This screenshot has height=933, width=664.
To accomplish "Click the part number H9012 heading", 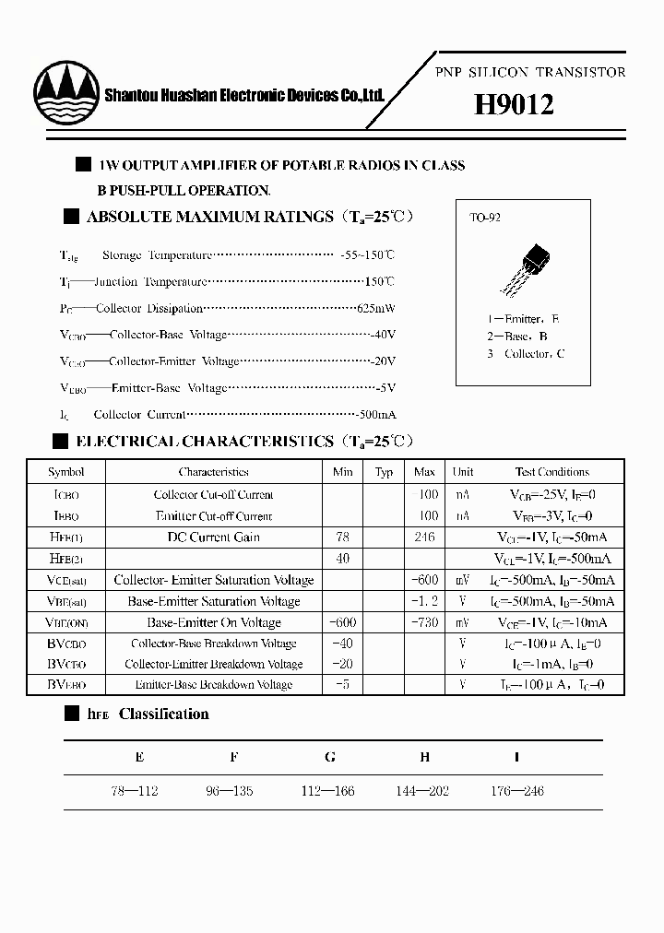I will (x=514, y=105).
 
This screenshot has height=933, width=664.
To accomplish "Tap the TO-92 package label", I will (x=485, y=218).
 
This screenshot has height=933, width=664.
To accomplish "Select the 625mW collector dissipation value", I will (x=376, y=308).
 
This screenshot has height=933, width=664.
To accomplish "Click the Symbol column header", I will (x=66, y=472).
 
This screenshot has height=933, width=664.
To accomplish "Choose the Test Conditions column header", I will (x=551, y=472).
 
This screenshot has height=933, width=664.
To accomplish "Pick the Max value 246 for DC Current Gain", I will (x=424, y=537).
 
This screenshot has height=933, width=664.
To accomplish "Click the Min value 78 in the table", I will (x=342, y=537).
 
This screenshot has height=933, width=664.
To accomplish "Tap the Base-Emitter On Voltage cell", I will (x=213, y=622).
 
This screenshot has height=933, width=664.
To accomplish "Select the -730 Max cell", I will (x=423, y=622).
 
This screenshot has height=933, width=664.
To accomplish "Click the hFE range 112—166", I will (x=329, y=791).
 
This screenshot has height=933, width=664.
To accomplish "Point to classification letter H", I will (x=424, y=757).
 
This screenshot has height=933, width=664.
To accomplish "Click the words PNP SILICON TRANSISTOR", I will (x=530, y=72).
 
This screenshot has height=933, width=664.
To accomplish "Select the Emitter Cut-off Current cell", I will (x=213, y=516).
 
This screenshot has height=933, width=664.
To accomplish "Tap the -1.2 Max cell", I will (x=423, y=601).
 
